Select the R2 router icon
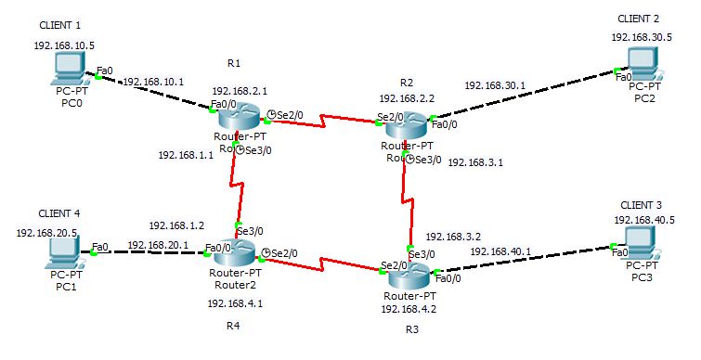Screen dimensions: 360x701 pyautogui.click(x=406, y=124)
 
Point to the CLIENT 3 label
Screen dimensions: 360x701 pyautogui.click(x=641, y=204)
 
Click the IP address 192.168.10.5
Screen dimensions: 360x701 pyautogui.click(x=64, y=45)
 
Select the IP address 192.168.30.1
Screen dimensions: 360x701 pyautogui.click(x=495, y=85)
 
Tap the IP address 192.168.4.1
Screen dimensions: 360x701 pyautogui.click(x=235, y=302)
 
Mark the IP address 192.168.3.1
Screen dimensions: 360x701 pyautogui.click(x=475, y=162)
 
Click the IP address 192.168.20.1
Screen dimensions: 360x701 pyautogui.click(x=158, y=244)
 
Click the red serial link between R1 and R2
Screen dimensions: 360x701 pyautogui.click(x=324, y=119)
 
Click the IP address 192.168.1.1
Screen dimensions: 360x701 pyautogui.click(x=186, y=155)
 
